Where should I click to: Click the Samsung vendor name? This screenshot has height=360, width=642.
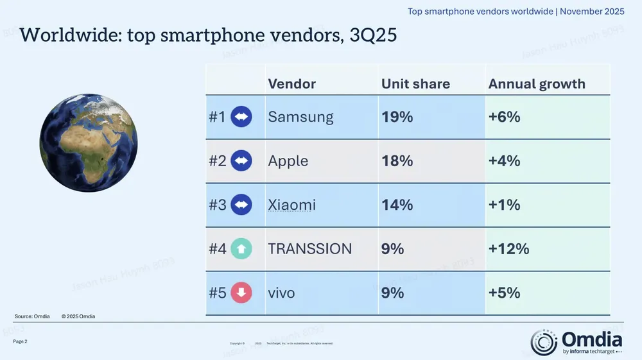coord(300,117)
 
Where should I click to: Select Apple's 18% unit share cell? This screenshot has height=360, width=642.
coord(397,161)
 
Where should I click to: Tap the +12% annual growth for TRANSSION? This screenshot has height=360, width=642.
coord(508,249)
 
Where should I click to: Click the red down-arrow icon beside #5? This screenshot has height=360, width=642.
coord(241,293)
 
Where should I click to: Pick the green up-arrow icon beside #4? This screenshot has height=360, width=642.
coord(241,249)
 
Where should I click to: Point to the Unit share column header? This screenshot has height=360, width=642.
coord(415,84)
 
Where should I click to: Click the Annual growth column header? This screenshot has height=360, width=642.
coord(537,84)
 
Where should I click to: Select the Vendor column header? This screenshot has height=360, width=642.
coord(291,84)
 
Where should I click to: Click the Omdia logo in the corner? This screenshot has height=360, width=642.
coord(576,342)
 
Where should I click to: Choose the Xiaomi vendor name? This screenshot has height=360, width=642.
coord(291,205)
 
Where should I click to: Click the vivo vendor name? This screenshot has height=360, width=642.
coord(281,293)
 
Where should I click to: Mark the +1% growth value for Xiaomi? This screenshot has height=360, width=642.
coord(504,205)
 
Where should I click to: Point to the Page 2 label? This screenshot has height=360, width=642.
coord(20,341)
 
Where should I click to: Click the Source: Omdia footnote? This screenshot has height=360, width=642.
coord(32,316)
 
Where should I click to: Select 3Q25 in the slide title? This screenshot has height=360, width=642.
coord(372,35)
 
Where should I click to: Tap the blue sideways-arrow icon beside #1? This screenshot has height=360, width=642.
coord(241,117)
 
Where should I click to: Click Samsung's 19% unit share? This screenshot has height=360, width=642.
coord(397,117)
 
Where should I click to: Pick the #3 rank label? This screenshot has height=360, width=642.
coord(217,205)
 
